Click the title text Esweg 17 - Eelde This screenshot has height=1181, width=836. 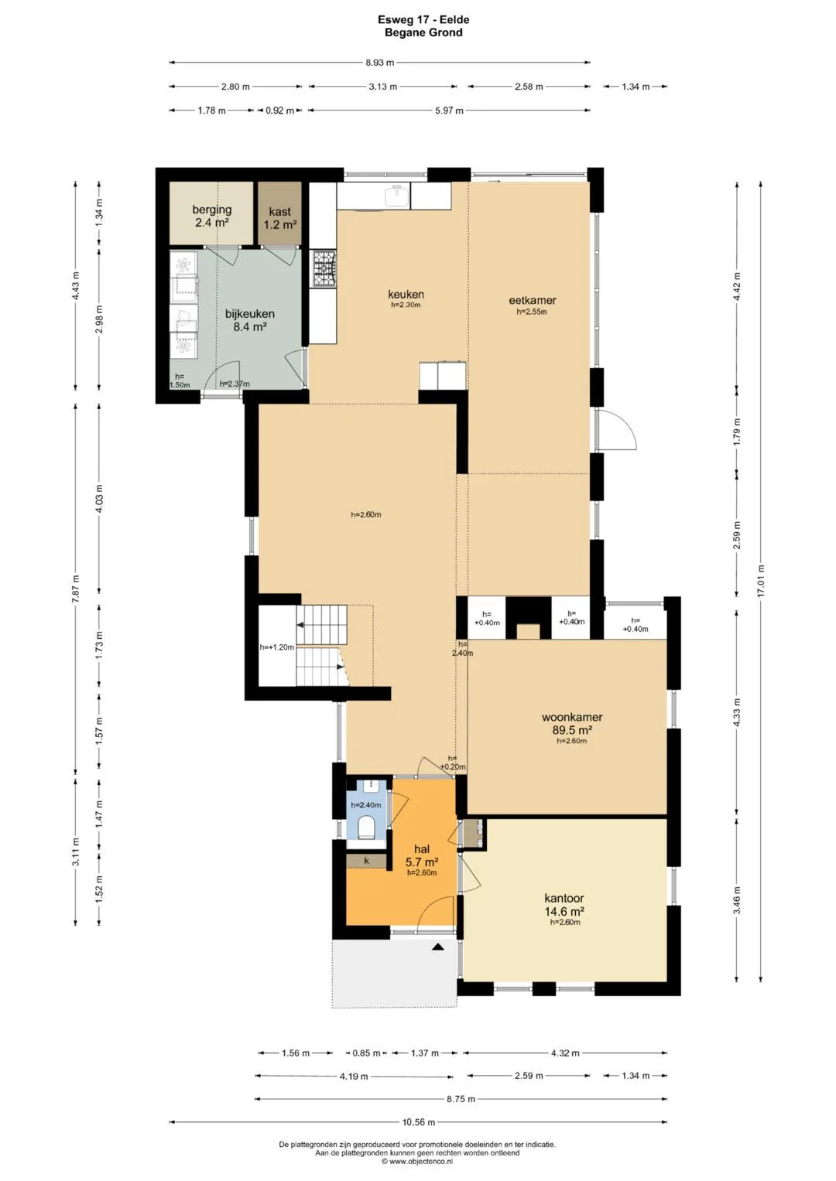(x=423, y=19)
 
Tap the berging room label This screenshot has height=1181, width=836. (x=211, y=210)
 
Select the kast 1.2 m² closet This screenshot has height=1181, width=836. (x=279, y=217)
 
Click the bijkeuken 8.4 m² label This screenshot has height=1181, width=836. (x=249, y=320)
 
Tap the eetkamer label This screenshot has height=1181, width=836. (x=532, y=301)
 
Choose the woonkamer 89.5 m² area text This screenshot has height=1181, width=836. (x=571, y=723)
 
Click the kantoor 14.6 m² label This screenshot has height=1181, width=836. (x=564, y=904)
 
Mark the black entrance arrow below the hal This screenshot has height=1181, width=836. (x=437, y=947)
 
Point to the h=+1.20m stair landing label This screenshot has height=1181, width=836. (x=277, y=647)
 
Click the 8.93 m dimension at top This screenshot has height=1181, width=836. (x=380, y=62)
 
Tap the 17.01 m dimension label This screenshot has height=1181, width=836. (x=760, y=581)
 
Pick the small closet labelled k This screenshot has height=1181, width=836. (x=366, y=861)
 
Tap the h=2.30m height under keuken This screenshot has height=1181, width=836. (x=406, y=305)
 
